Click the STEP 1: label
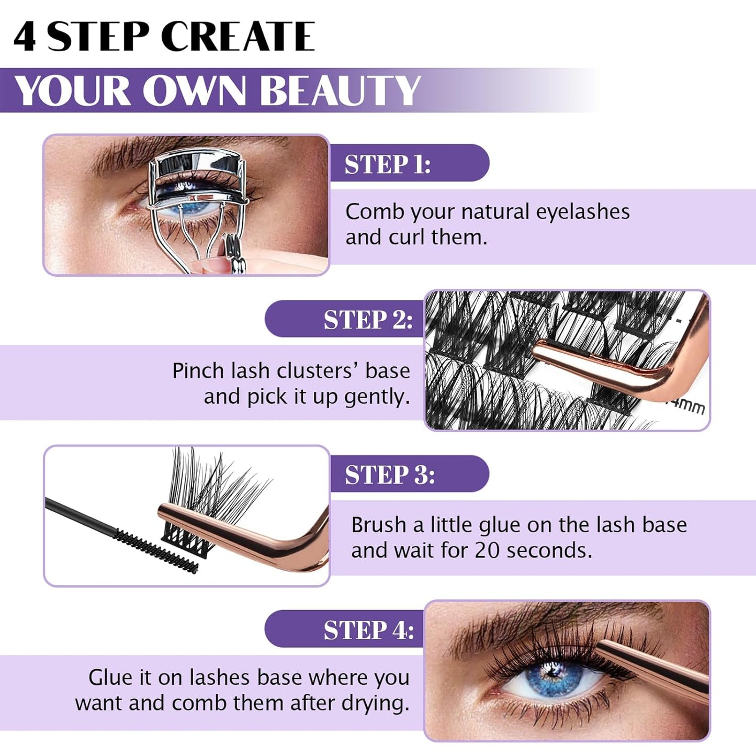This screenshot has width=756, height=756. tap(387, 164)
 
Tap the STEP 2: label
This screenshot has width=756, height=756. tap(368, 320)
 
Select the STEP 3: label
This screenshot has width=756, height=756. tap(389, 475)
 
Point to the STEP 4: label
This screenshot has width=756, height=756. tap(368, 630)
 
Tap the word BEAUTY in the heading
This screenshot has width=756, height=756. tap(340, 91)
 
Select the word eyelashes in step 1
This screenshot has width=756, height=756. tap(576, 212)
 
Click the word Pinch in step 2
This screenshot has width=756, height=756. tap(198, 371)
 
